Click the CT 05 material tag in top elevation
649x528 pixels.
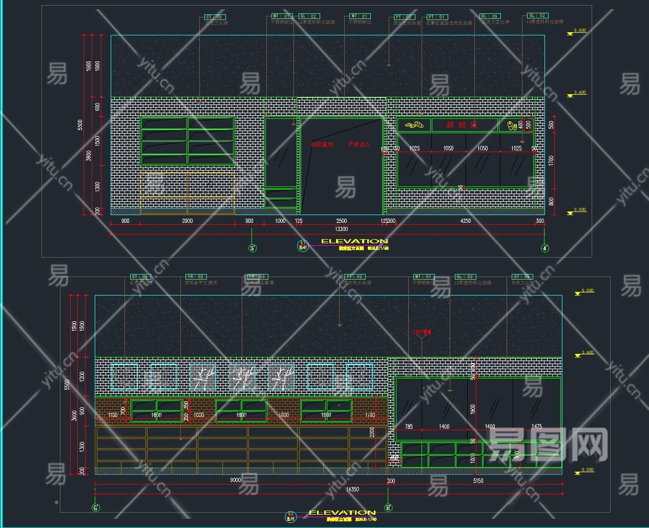[x=214, y=17]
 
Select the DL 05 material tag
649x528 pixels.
[x=489, y=16]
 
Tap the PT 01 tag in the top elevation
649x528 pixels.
[x=437, y=17]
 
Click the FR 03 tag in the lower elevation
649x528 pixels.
[x=257, y=277]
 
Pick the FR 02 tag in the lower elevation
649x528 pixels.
[x=195, y=277]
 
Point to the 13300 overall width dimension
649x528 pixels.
[x=341, y=229]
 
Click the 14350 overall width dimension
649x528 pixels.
[x=352, y=490]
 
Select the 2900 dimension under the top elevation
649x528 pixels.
[x=187, y=221]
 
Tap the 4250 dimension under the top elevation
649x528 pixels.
[x=466, y=221]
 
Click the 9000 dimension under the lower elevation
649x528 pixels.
[x=236, y=480]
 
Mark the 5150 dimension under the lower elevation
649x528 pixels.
[x=478, y=481]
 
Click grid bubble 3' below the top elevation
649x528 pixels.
[x=252, y=248]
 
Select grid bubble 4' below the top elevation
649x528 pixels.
[x=545, y=248]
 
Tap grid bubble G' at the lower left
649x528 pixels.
[x=95, y=508]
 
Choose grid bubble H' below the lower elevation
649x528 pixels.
[x=388, y=508]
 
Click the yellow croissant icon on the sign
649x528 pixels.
[x=414, y=124]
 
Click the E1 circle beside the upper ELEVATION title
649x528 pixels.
[x=303, y=245]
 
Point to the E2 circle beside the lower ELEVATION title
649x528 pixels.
[x=290, y=516]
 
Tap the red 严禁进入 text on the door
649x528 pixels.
[x=359, y=145]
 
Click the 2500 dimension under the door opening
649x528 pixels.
[x=341, y=221]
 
